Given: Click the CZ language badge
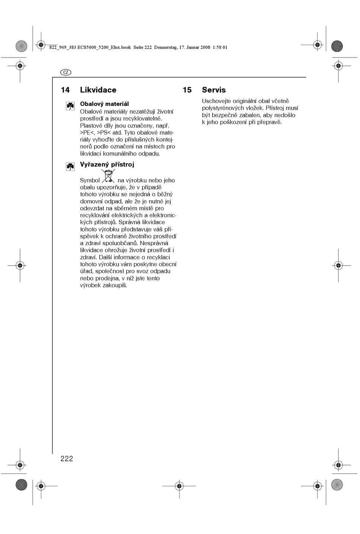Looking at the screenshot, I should click(66, 72).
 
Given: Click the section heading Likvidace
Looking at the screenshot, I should click(98, 90).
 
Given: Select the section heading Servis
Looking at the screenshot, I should click(214, 90).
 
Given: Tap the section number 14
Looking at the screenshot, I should click(65, 90).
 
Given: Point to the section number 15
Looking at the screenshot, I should click(187, 90).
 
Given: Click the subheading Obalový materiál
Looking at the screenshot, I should click(104, 104).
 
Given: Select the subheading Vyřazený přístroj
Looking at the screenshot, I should click(107, 164).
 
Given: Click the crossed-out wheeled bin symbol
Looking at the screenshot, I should click(108, 177).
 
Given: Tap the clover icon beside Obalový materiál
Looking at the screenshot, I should click(70, 106).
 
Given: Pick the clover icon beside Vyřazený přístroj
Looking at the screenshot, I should click(70, 166).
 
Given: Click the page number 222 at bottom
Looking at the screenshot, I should click(67, 459).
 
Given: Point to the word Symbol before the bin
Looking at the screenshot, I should click(90, 181).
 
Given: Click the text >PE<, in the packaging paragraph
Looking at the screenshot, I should click(88, 133).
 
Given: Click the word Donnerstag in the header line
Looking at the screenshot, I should click(166, 48).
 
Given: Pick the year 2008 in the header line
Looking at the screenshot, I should click(205, 48).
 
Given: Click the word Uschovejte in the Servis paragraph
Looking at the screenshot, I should click(216, 101).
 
